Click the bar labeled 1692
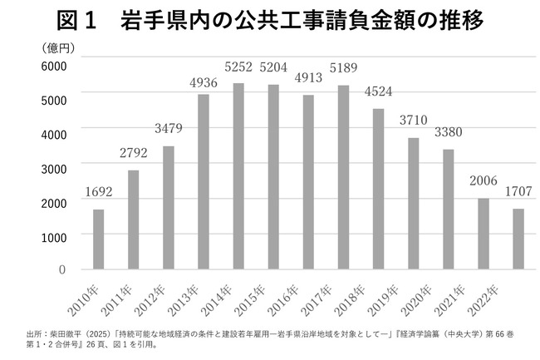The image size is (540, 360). click(98, 239)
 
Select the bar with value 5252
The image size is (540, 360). click(238, 176)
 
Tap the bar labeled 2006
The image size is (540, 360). click(483, 234)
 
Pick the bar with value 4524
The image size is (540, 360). click(378, 189)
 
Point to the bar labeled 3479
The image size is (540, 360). click(169, 208)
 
